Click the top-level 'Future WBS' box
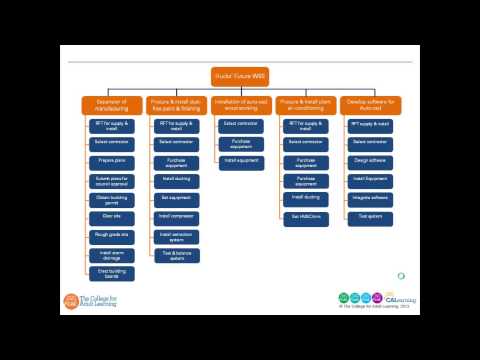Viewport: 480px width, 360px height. (x=240, y=76)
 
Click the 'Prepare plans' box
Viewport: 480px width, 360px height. (x=112, y=161)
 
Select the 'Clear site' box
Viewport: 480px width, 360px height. (x=112, y=216)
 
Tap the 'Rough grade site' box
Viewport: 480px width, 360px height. (x=112, y=236)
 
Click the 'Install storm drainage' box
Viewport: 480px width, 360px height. (x=112, y=254)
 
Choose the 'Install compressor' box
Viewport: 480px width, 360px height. (x=176, y=216)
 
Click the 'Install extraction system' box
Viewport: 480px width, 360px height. (x=176, y=236)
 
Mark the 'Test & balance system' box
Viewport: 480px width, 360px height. (x=176, y=254)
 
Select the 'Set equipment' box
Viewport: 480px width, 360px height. (x=176, y=198)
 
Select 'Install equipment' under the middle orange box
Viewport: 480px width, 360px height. (x=241, y=161)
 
